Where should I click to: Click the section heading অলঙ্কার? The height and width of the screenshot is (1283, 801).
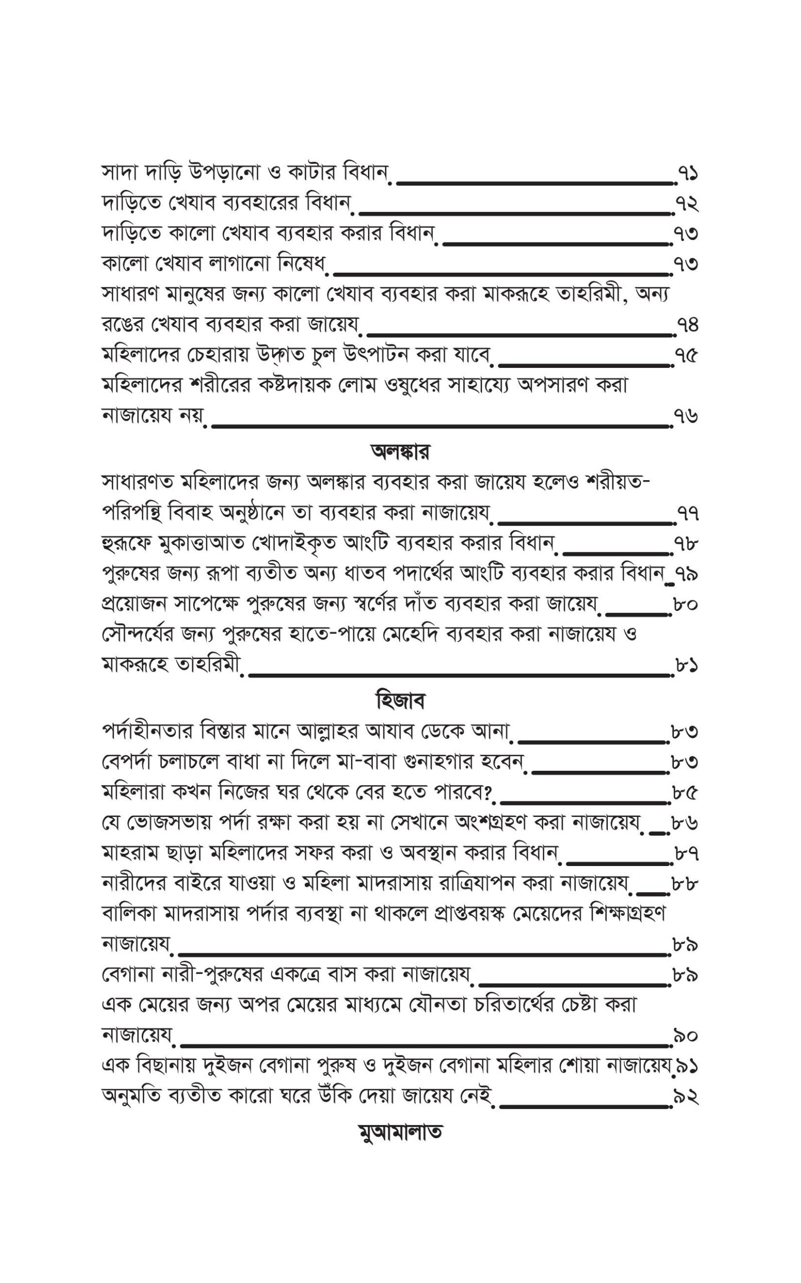point(400,452)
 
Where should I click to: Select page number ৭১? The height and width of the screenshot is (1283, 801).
point(688,174)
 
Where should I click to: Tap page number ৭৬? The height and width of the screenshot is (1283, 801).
point(686,415)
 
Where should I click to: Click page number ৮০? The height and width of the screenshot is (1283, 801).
point(685,604)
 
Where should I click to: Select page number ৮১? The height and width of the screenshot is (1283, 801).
point(686,665)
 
